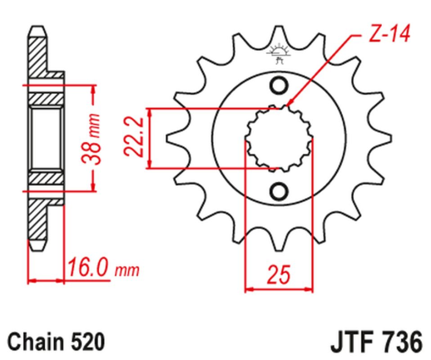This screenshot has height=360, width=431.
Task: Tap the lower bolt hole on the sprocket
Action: (279, 190)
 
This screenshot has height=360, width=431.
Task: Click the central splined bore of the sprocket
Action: (279, 139)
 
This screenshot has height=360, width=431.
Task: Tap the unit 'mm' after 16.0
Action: (126, 271)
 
